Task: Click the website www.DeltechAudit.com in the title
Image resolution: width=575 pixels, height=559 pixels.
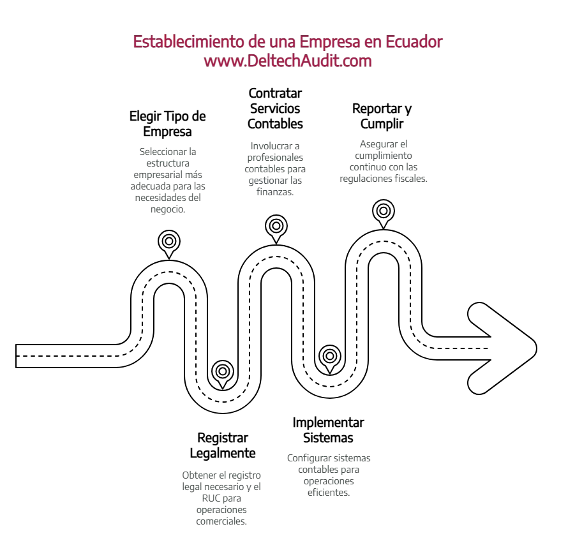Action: click(x=288, y=61)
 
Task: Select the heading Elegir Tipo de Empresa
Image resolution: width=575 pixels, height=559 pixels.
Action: click(x=168, y=124)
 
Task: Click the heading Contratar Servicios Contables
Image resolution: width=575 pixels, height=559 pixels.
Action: click(x=275, y=108)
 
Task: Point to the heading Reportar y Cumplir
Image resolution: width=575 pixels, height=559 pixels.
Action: click(x=382, y=116)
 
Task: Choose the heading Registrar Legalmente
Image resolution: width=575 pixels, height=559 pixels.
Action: click(x=223, y=445)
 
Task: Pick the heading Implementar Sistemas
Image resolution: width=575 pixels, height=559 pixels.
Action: click(x=328, y=430)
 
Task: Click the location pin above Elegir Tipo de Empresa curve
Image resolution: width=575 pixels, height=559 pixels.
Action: click(x=169, y=244)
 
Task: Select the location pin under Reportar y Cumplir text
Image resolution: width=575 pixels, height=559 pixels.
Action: click(x=384, y=214)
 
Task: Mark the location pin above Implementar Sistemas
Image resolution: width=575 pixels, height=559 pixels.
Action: click(x=330, y=359)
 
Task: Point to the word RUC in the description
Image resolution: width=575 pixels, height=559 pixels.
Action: click(x=210, y=498)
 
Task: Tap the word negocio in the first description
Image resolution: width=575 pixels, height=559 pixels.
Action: click(x=168, y=209)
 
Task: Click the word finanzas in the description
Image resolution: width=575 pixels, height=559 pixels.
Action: click(x=275, y=192)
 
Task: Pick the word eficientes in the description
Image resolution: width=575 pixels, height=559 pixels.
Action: click(x=329, y=493)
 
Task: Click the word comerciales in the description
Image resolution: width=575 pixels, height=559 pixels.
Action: click(x=221, y=521)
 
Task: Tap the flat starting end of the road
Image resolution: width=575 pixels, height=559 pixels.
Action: click(x=16, y=356)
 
